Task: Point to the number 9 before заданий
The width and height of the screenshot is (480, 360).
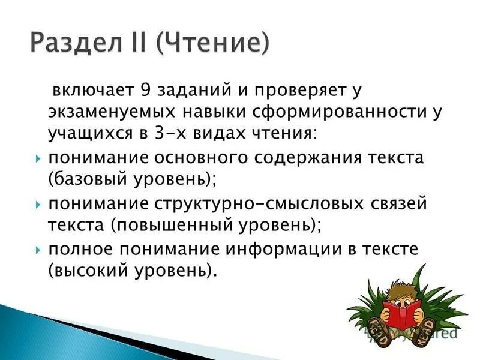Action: [145, 92]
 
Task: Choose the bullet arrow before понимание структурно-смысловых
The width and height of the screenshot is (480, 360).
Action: [38, 204]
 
